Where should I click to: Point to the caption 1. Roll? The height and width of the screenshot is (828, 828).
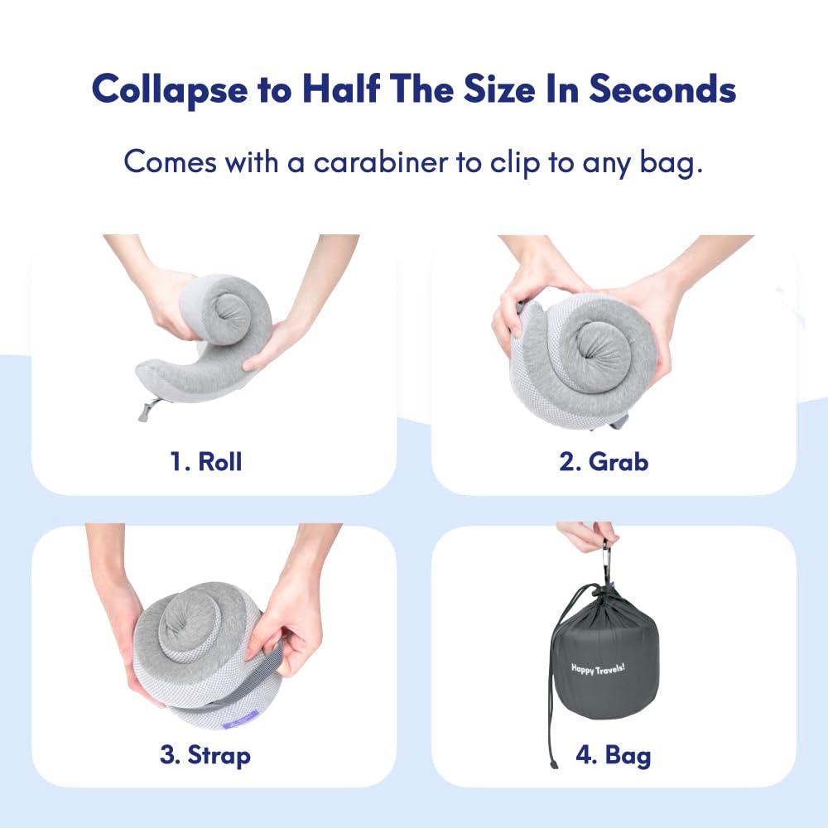(x=206, y=461)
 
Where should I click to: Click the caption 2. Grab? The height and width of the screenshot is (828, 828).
(x=604, y=461)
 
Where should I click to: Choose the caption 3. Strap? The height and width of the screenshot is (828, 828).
(x=205, y=755)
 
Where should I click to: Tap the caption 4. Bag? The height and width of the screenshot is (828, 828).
(x=613, y=755)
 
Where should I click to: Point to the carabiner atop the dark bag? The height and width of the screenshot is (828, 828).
(x=606, y=561)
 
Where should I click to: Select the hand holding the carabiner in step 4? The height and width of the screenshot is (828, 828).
(x=586, y=535)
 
